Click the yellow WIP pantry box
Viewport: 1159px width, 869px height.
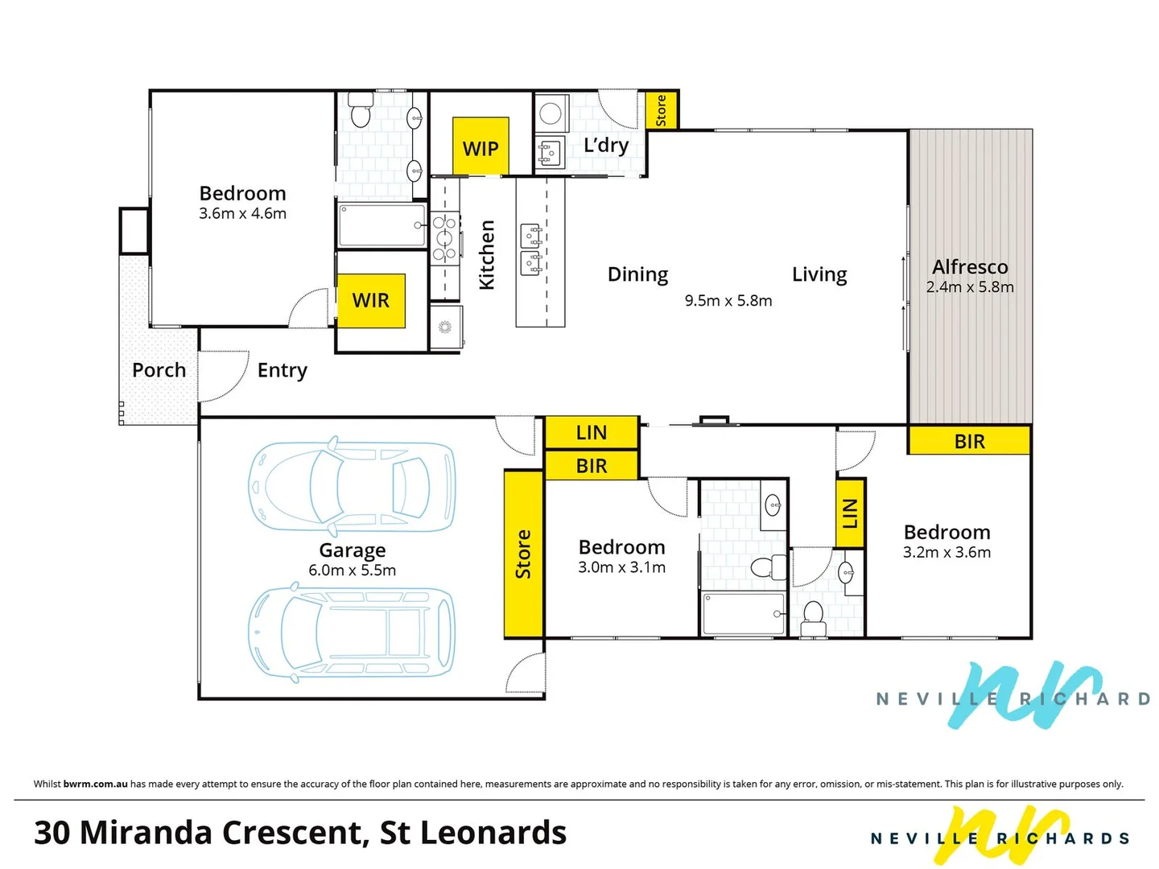481,146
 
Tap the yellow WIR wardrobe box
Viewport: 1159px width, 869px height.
370,300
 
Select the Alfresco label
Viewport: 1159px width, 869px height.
969,267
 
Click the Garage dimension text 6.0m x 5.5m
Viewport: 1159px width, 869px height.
352,570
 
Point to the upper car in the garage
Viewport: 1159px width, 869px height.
352,488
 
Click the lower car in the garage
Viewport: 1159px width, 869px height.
352,632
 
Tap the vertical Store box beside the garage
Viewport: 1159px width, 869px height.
523,554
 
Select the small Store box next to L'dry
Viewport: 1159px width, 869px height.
662,110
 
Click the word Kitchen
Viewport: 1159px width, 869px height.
487,255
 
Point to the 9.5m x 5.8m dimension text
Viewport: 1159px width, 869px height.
728,301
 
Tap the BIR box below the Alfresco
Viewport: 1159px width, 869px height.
969,441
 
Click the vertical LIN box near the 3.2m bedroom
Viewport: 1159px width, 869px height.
850,513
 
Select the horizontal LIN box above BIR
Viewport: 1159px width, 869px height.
592,433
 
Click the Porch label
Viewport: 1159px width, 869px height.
159,370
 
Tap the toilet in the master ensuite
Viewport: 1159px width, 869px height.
360,114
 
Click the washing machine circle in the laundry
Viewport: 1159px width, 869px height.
551,113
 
